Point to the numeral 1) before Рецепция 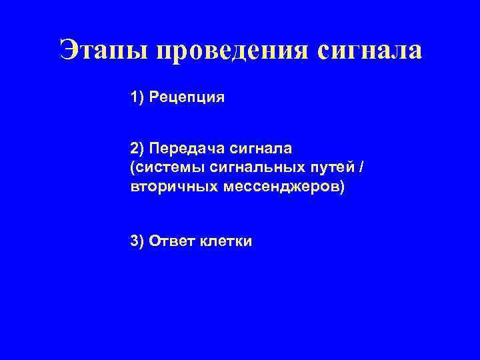tap(137, 98)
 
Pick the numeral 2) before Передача tap(137, 147)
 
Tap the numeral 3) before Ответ tap(137, 241)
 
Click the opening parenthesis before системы tap(133, 167)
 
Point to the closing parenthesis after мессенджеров tap(343, 187)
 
